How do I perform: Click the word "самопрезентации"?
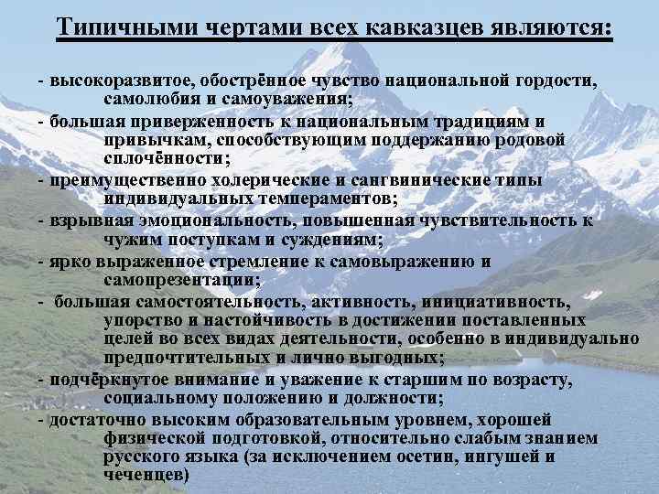click(x=182, y=279)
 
